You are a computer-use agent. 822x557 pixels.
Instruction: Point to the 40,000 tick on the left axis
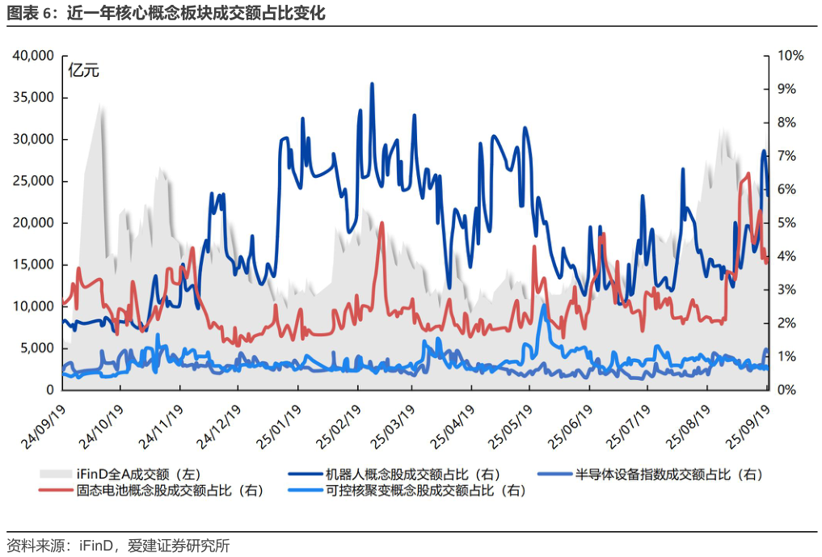(32, 56)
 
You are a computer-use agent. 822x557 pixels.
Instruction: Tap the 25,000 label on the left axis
(32, 181)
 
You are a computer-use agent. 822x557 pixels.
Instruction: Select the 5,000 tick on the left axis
(36, 348)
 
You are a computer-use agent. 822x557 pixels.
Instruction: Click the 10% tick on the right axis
(790, 56)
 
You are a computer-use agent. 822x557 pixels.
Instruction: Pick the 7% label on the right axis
(787, 156)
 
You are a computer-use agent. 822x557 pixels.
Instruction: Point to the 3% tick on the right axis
(787, 289)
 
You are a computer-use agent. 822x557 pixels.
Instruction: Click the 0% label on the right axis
(787, 390)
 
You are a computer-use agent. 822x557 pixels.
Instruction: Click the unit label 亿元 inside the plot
(83, 70)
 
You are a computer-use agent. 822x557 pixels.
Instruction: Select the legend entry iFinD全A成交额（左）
(133, 474)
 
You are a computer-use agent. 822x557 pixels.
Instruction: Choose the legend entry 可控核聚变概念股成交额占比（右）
(424, 490)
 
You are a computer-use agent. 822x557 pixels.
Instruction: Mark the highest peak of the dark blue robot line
(372, 83)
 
